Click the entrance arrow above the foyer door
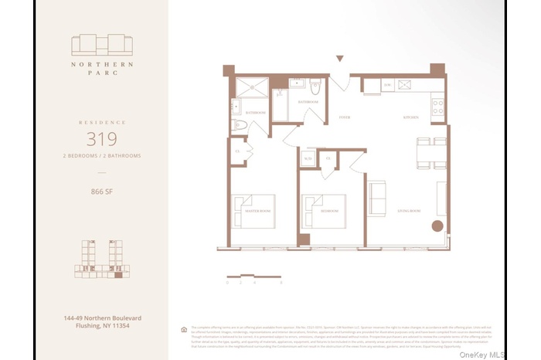click(x=339, y=59)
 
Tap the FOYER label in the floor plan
click(x=344, y=118)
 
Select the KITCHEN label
click(x=410, y=118)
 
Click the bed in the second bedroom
click(x=322, y=206)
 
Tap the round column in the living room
click(x=437, y=227)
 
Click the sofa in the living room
click(x=377, y=199)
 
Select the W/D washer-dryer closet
click(x=308, y=160)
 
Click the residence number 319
click(x=101, y=140)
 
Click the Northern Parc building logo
click(x=101, y=44)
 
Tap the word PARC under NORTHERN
click(x=101, y=75)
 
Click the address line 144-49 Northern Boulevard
click(x=101, y=318)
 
